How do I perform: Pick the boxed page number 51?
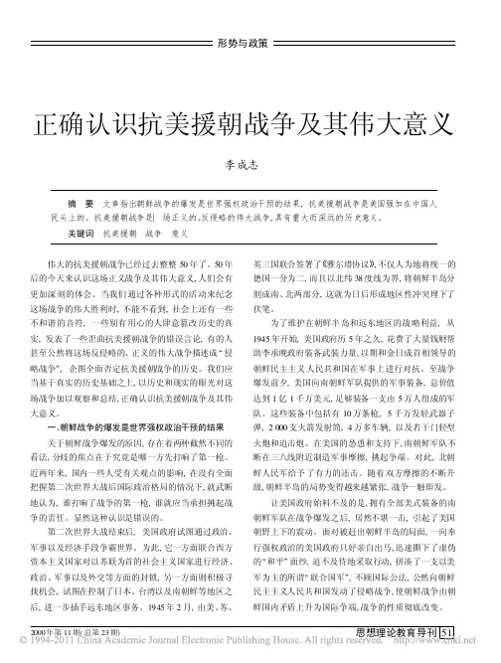(447, 632)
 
